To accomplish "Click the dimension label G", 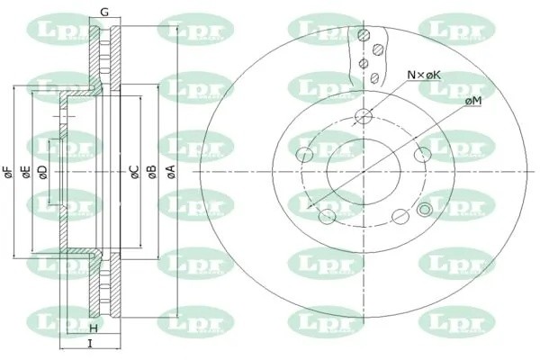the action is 104,12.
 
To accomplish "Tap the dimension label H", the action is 94,328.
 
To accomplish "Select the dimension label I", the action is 90,344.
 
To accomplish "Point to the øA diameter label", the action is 171,171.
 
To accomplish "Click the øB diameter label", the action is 151,171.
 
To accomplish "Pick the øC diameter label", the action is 134,171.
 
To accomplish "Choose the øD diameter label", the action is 42,172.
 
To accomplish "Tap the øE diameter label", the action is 26,172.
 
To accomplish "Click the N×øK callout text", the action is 424,75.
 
